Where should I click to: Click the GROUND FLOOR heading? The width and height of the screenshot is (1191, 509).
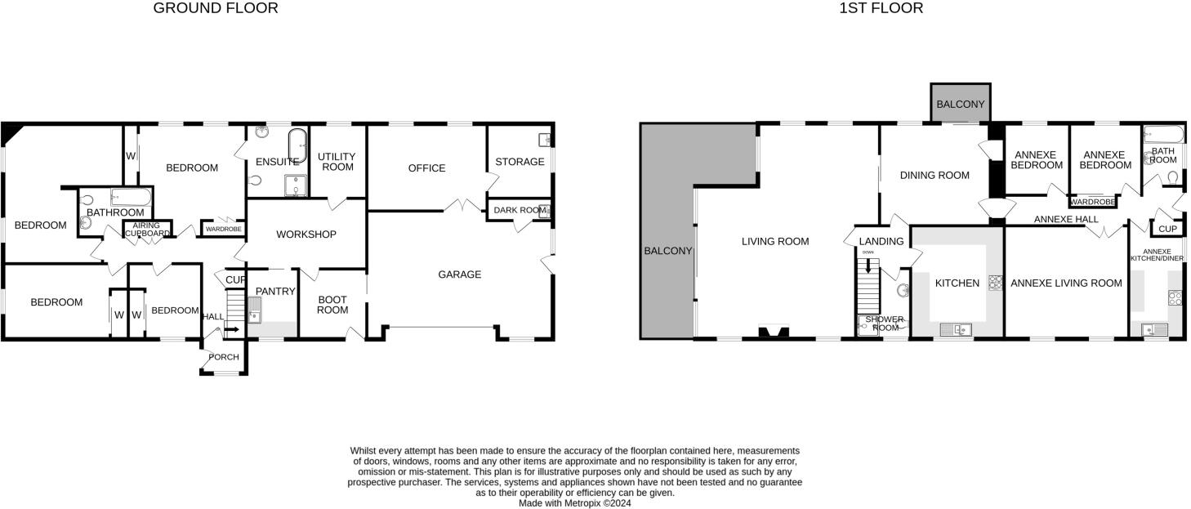[x=216, y=8]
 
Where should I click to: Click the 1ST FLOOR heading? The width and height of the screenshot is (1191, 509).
[x=881, y=8]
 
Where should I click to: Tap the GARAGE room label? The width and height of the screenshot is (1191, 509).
[x=459, y=275]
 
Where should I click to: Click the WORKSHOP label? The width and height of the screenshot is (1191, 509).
[x=306, y=234]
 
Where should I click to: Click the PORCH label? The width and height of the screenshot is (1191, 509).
[x=224, y=357]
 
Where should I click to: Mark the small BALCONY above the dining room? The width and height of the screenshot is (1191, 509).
[x=960, y=105]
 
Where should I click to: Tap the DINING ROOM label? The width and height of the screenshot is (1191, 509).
[x=935, y=175]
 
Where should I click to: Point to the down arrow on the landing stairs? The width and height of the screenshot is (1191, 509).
[x=868, y=266]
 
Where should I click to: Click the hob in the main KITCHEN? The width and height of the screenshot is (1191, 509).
[x=995, y=283]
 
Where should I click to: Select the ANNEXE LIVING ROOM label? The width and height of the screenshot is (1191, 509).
[x=1066, y=284]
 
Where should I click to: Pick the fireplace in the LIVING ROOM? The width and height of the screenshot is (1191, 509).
[x=773, y=332]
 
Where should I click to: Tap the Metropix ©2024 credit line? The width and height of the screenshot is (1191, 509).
[x=574, y=503]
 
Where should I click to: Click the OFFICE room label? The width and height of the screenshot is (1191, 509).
[x=426, y=168]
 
